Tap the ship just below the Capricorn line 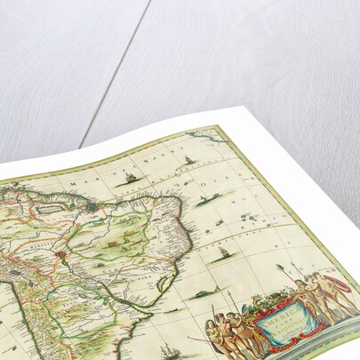pyautogui.click(x=223, y=254)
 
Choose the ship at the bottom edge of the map pyautogui.click(x=168, y=348)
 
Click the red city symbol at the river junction pyautogui.click(x=60, y=255)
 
